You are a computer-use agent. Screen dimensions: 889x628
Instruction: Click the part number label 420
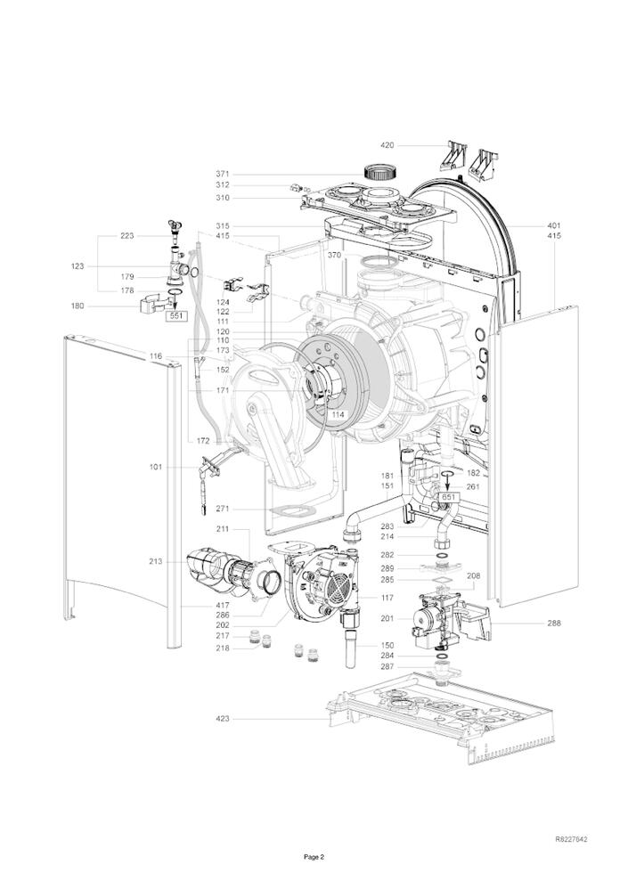tap(387, 144)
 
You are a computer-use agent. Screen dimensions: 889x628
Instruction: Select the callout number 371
tap(222, 174)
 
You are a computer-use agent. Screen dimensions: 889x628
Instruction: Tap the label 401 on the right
tap(555, 225)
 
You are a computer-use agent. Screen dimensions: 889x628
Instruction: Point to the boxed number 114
tap(338, 414)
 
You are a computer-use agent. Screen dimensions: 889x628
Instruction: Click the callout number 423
tap(222, 718)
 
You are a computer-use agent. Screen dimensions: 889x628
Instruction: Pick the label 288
tap(554, 624)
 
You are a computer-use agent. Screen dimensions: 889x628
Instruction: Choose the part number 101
tap(156, 465)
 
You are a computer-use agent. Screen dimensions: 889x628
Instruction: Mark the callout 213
tap(156, 562)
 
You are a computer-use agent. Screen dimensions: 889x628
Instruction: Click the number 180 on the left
tap(78, 306)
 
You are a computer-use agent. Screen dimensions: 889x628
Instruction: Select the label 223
tap(127, 236)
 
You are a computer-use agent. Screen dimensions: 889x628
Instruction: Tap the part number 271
tap(222, 509)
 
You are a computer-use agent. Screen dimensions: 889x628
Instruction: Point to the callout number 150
tap(387, 645)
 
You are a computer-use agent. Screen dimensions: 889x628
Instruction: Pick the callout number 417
tap(222, 606)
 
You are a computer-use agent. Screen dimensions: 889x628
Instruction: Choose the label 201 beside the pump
tap(387, 619)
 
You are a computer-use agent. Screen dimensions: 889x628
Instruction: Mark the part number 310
tap(222, 197)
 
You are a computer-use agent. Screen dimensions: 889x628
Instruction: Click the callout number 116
tap(156, 356)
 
